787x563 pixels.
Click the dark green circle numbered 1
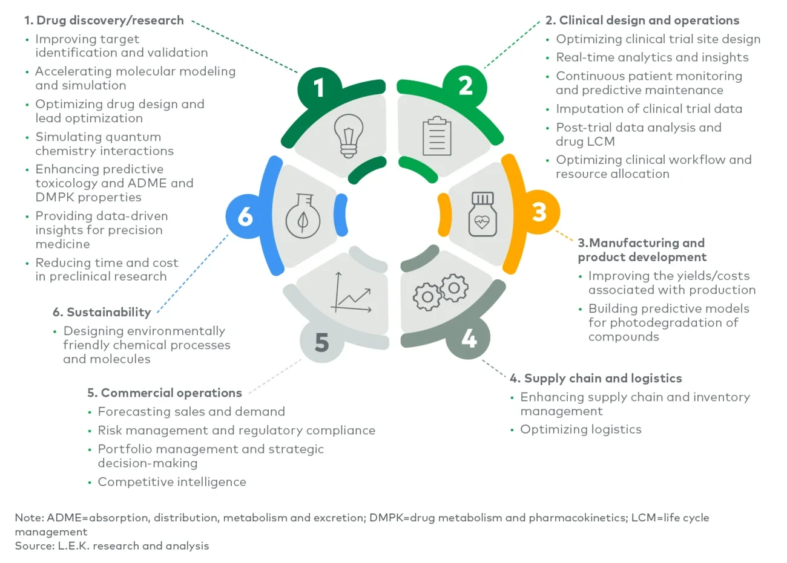pos(319,88)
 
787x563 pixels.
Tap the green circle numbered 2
pos(465,86)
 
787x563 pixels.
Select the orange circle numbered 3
pos(538,212)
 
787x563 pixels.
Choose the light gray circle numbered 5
pos(322,342)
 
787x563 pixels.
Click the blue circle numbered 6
pos(246,216)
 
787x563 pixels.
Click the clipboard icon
pos(436,137)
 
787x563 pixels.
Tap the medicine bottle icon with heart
pos(482,214)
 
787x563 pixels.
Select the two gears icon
pos(441,291)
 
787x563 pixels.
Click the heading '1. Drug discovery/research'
pos(104,21)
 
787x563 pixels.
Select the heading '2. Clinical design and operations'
pos(642,21)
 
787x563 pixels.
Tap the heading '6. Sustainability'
pos(102,312)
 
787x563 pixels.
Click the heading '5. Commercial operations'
pos(165,393)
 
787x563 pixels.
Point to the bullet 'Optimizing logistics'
pos(581,429)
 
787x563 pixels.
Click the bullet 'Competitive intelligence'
pos(172,482)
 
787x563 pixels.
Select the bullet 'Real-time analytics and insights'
pos(652,57)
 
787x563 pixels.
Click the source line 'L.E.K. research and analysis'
pos(112,545)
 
